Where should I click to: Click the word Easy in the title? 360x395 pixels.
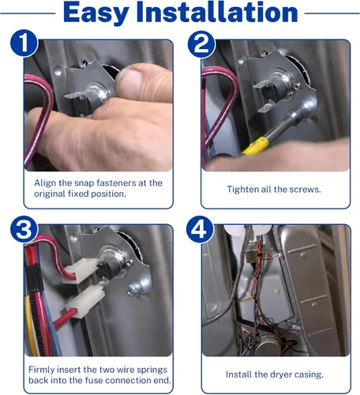point(96,13)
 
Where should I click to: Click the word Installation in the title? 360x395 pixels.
point(217,12)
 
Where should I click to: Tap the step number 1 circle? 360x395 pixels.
point(24,43)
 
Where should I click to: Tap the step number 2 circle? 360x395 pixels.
point(201,44)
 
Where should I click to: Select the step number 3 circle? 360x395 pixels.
point(24,229)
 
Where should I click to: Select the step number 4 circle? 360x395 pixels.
point(200,229)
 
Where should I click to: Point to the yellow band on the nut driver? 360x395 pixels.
point(255,146)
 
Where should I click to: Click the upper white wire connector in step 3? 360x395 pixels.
point(80,271)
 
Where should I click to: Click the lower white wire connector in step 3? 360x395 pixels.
point(86,301)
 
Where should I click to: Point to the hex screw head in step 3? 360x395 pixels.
point(133,289)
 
